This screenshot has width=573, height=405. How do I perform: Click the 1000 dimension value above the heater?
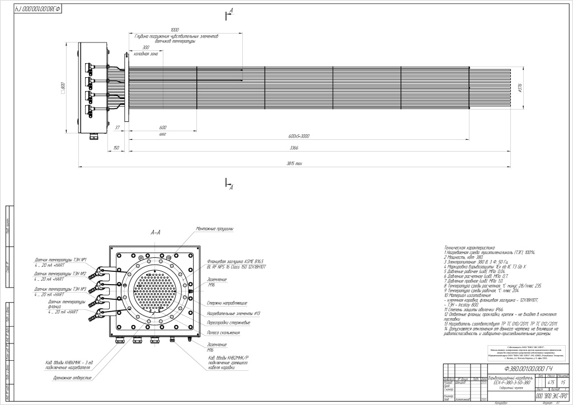(175, 30)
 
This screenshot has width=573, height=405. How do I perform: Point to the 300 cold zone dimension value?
(146, 48)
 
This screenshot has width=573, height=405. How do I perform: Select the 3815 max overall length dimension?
(294, 163)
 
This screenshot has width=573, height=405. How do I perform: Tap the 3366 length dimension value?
(294, 148)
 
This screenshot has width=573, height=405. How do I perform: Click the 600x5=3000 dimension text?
(300, 136)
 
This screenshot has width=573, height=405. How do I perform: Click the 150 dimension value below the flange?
(116, 148)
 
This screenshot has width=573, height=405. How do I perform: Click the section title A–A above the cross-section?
(156, 232)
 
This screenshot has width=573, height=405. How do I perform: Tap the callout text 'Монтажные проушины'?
(215, 229)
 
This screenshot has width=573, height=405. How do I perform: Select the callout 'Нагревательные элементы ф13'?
(229, 313)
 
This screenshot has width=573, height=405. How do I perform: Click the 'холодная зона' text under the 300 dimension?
(145, 54)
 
